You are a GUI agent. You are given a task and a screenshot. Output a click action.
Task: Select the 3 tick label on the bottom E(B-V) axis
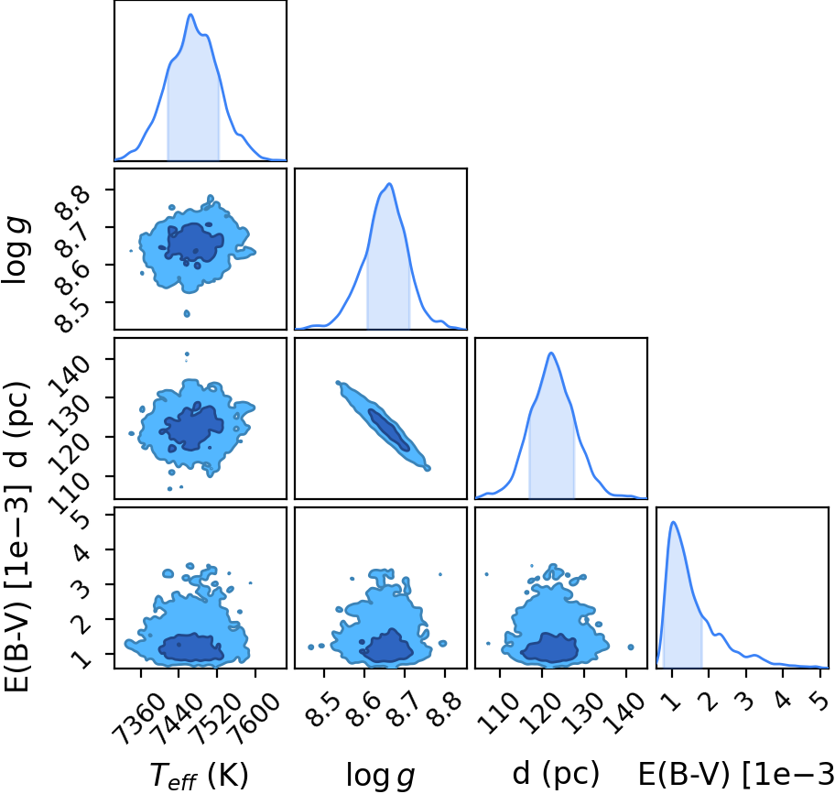tap(745, 702)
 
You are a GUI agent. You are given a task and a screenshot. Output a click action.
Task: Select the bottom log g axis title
tap(380, 775)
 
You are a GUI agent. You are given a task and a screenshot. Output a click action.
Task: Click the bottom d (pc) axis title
tap(556, 773)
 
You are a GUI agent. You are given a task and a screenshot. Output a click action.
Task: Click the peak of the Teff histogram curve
tap(190, 15)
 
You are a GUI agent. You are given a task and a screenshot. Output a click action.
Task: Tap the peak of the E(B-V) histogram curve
tap(674, 522)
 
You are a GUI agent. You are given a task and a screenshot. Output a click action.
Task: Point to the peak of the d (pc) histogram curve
tap(551, 353)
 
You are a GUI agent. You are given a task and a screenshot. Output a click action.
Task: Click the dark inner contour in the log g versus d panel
tap(389, 430)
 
